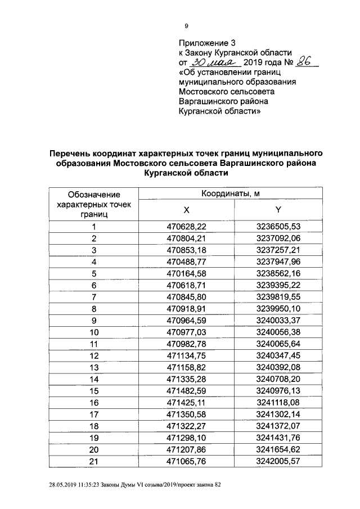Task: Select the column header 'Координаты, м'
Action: coord(231,193)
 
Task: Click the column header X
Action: coord(186,210)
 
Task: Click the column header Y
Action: coord(278,210)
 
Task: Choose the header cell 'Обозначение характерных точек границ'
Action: coord(93,204)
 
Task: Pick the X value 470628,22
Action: coord(186,227)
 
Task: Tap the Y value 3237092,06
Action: coord(278,238)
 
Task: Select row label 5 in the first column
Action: coord(94,273)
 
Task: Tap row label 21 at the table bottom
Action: coord(94,461)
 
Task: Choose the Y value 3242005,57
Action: coord(278,461)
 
